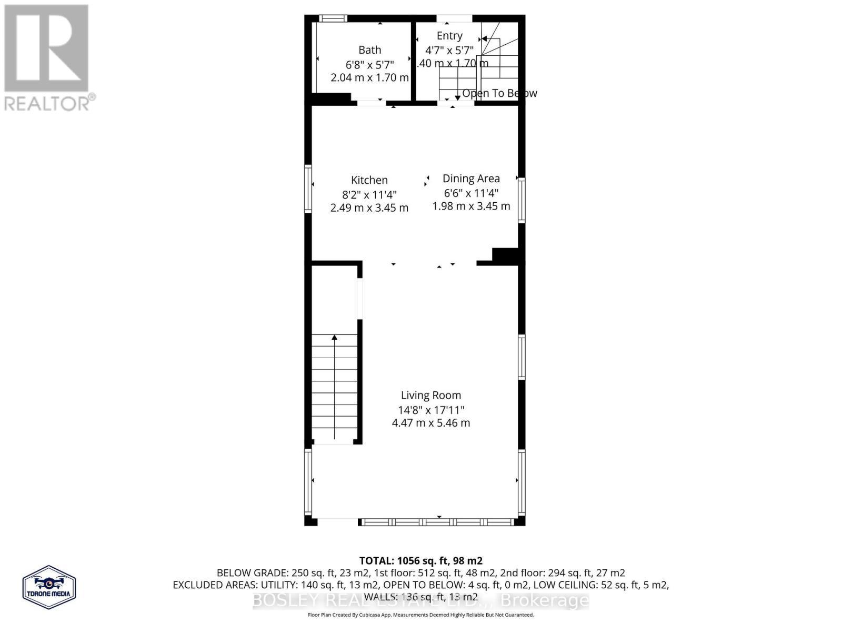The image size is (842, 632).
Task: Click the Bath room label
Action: pos(369,50)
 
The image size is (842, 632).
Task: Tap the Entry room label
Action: pos(449,36)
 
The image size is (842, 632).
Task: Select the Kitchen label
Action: pos(369,180)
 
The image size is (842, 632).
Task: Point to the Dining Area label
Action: pos(471,179)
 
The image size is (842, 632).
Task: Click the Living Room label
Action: pos(430,396)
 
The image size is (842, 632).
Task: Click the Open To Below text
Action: pos(499,93)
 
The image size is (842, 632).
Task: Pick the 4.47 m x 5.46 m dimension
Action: pos(430,423)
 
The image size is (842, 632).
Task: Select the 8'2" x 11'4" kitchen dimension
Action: pos(369,194)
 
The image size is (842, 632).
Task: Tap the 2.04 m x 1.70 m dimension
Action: pos(369,78)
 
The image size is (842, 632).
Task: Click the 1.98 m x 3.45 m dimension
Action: pos(471,206)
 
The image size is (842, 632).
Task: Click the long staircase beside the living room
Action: pos(335,387)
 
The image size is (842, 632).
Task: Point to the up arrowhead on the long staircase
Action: pos(335,337)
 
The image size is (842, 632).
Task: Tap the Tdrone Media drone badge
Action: pos(49,587)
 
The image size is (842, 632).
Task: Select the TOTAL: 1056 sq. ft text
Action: pos(420,561)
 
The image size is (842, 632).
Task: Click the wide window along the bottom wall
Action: pos(437,522)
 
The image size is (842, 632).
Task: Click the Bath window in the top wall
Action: pos(334,18)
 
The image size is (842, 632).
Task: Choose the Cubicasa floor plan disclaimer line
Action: pos(420,615)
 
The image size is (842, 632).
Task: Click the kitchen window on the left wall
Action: pos(309,189)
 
